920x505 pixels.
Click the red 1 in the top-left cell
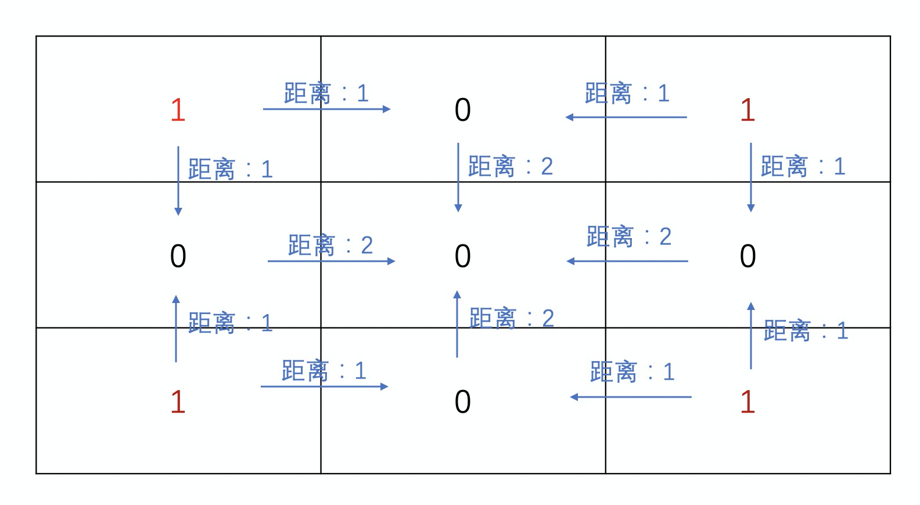pyautogui.click(x=178, y=110)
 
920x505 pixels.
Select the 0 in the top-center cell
pyautogui.click(x=462, y=110)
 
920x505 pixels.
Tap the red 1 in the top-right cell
pyautogui.click(x=747, y=110)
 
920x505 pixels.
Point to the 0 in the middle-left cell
pyautogui.click(x=178, y=256)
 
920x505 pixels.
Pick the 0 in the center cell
pyautogui.click(x=462, y=256)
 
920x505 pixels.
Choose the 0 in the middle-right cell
pyautogui.click(x=747, y=256)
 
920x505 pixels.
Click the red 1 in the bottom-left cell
pyautogui.click(x=178, y=402)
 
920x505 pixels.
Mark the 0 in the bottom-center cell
pyautogui.click(x=462, y=402)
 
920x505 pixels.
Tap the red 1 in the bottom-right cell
pyautogui.click(x=747, y=402)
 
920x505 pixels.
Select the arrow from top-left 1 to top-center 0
pyautogui.click(x=326, y=109)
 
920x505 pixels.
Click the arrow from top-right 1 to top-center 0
pyautogui.click(x=626, y=117)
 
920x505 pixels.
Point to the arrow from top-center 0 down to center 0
pyautogui.click(x=458, y=177)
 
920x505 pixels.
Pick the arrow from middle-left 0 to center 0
pyautogui.click(x=331, y=261)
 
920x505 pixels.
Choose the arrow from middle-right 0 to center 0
pyautogui.click(x=627, y=261)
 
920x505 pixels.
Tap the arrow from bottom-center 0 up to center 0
pyautogui.click(x=457, y=324)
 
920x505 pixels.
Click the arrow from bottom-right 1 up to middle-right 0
pyautogui.click(x=750, y=336)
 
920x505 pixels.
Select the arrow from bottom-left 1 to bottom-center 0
pyautogui.click(x=324, y=386)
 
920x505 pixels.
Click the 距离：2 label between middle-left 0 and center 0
pyautogui.click(x=330, y=246)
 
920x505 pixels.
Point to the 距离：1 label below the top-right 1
pyautogui.click(x=803, y=167)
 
